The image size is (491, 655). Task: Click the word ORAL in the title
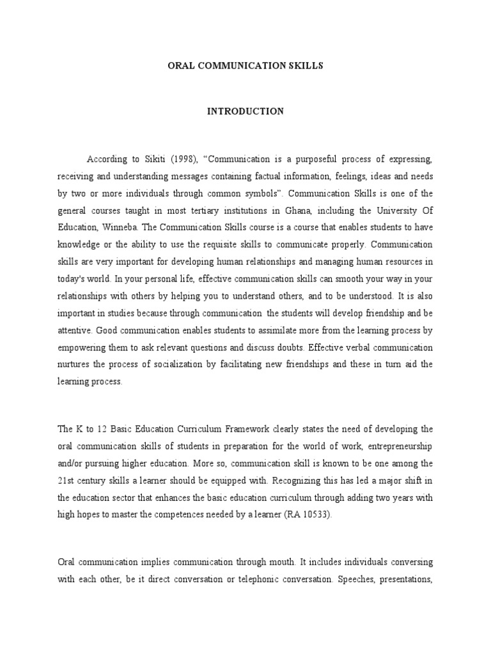point(179,67)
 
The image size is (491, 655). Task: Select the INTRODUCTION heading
point(245,111)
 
